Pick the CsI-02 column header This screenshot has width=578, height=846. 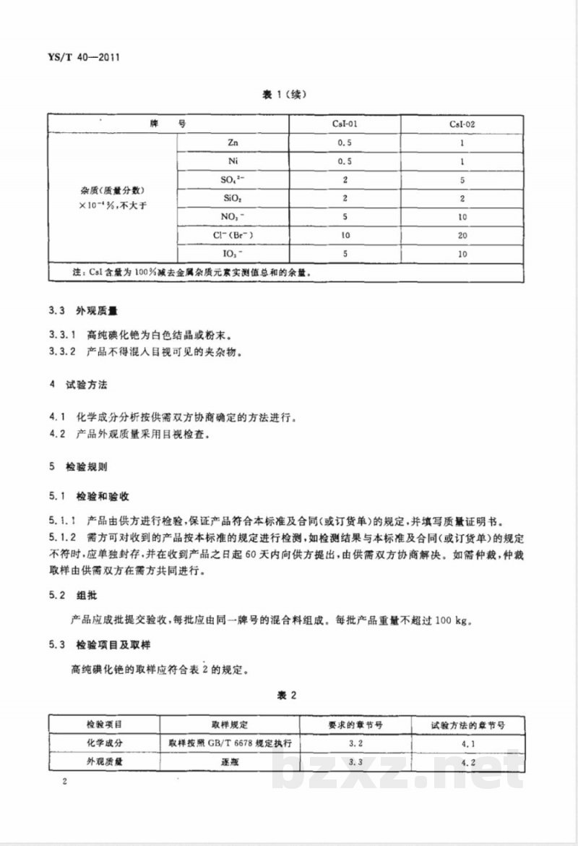[462, 124]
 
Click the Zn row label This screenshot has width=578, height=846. [232, 142]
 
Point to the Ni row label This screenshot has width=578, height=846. [232, 161]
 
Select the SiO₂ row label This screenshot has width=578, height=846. [232, 198]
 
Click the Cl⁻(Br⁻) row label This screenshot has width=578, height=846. [232, 235]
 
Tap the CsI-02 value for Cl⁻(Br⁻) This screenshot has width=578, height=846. [462, 236]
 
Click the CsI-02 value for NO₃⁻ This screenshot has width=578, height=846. [462, 217]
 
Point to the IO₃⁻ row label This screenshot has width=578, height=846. [232, 254]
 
